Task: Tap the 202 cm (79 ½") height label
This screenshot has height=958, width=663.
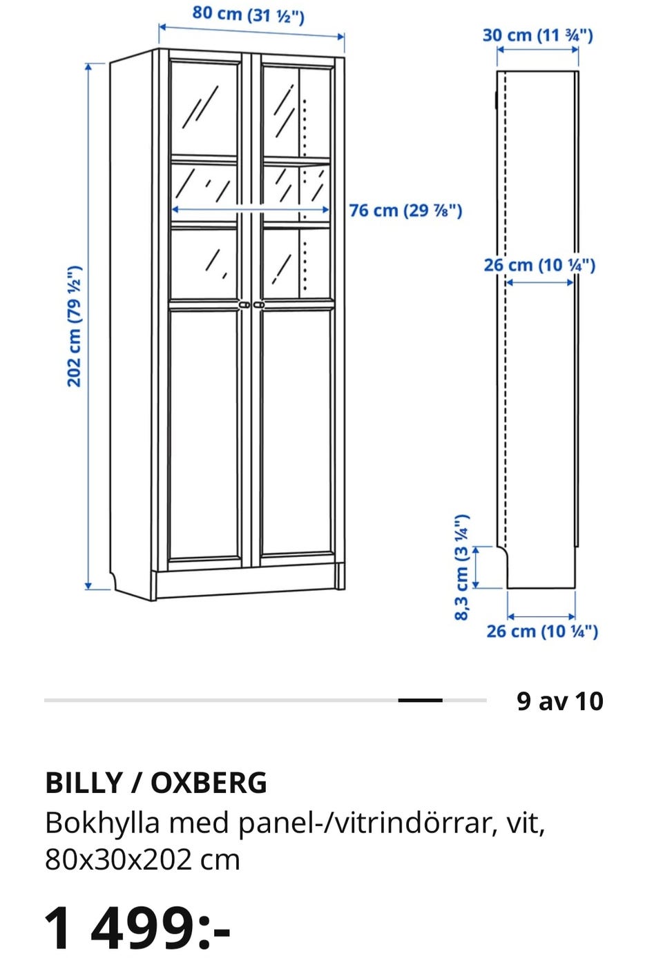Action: point(75,326)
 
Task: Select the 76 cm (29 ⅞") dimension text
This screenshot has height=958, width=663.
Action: point(405,211)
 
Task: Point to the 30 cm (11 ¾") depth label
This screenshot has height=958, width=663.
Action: point(537,35)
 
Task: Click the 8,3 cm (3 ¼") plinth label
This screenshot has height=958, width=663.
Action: point(462,567)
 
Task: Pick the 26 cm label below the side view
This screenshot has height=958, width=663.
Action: point(542,632)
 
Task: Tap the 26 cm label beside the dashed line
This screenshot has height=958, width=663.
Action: point(539,265)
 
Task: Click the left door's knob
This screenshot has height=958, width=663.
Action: point(244,304)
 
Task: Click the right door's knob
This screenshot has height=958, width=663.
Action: point(259,304)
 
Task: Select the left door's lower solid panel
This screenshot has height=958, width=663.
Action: point(204,434)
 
